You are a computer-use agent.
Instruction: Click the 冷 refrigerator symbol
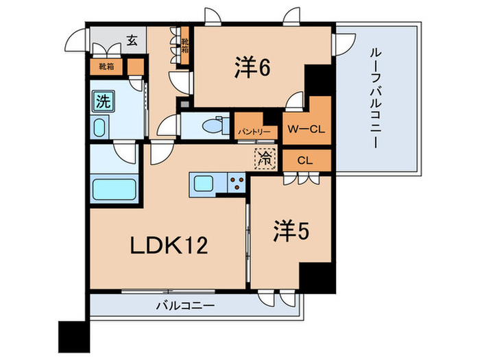pyautogui.click(x=264, y=158)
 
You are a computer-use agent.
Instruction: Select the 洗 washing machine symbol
pyautogui.click(x=102, y=103)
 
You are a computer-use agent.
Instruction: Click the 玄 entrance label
pyautogui.click(x=132, y=40)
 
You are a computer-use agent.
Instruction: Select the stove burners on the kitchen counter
pyautogui.click(x=236, y=184)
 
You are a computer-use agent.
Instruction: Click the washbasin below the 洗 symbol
pyautogui.click(x=100, y=128)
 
